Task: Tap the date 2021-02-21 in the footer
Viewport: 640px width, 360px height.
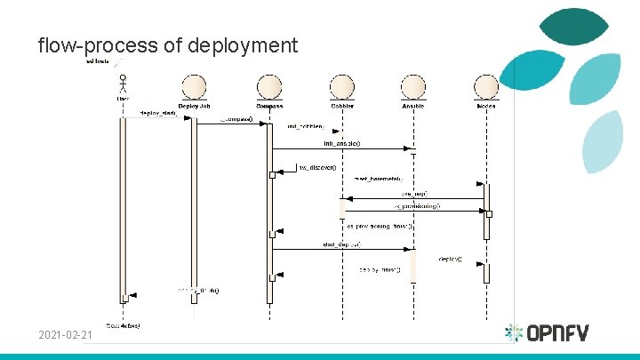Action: (65, 335)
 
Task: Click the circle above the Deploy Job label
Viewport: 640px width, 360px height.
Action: (194, 87)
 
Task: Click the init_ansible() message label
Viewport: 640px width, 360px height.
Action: (342, 143)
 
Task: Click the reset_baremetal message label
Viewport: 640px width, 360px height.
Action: (379, 179)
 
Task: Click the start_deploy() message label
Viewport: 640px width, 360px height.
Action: (341, 244)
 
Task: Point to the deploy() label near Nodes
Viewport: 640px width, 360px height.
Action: (450, 259)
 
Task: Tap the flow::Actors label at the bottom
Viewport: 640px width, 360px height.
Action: (123, 325)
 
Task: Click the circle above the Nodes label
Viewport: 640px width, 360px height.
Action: (486, 87)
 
